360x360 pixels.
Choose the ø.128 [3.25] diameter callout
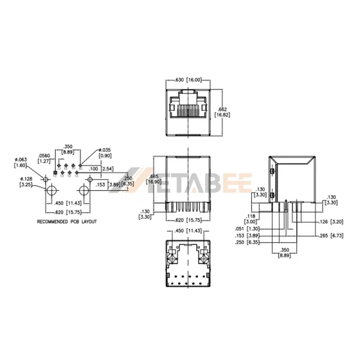[25, 182]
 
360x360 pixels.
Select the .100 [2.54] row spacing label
[98, 169]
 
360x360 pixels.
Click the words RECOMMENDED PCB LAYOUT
[67, 221]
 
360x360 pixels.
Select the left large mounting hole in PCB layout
[52, 191]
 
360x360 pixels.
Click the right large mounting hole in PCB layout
[83, 191]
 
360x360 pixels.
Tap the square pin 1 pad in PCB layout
[56, 173]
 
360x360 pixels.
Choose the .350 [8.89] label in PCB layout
[68, 149]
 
